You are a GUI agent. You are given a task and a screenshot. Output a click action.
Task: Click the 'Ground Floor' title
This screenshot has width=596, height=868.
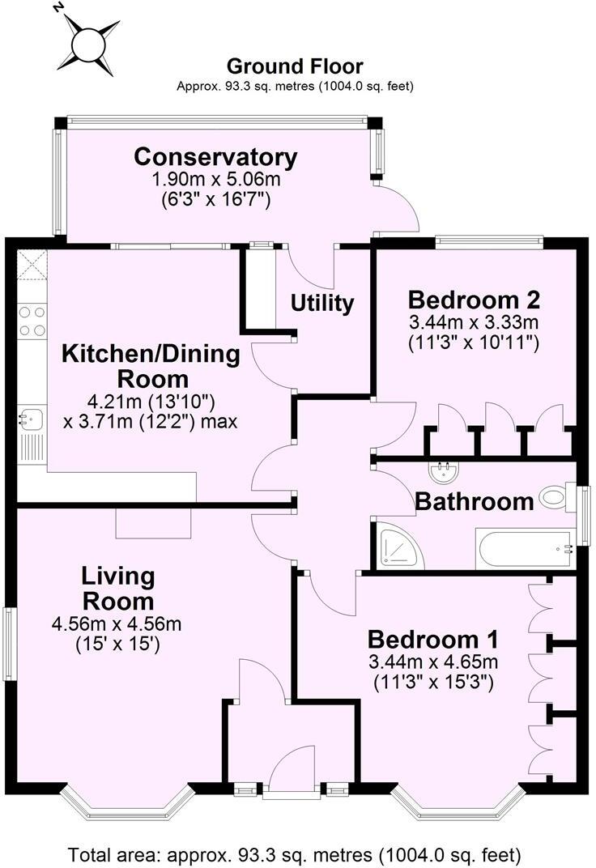click(x=295, y=66)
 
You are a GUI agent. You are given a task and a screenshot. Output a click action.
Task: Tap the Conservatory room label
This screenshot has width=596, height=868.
click(x=215, y=156)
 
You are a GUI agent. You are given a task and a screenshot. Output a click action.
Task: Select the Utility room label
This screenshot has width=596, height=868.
click(x=322, y=304)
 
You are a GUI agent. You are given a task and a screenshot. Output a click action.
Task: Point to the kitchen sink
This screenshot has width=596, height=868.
click(x=32, y=419)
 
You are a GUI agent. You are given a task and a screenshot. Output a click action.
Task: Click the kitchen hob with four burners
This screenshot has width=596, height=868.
click(x=32, y=320)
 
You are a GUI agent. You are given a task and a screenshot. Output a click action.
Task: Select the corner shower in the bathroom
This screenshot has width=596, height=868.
click(x=398, y=547)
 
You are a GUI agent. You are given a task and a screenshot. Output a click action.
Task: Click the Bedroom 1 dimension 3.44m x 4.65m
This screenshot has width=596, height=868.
click(x=434, y=663)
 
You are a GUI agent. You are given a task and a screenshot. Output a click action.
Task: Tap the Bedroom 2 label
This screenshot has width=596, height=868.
click(x=474, y=300)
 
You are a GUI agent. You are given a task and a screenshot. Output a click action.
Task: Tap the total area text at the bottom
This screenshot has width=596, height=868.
click(x=295, y=854)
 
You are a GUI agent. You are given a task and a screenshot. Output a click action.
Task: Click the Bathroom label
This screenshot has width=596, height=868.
click(x=474, y=502)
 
